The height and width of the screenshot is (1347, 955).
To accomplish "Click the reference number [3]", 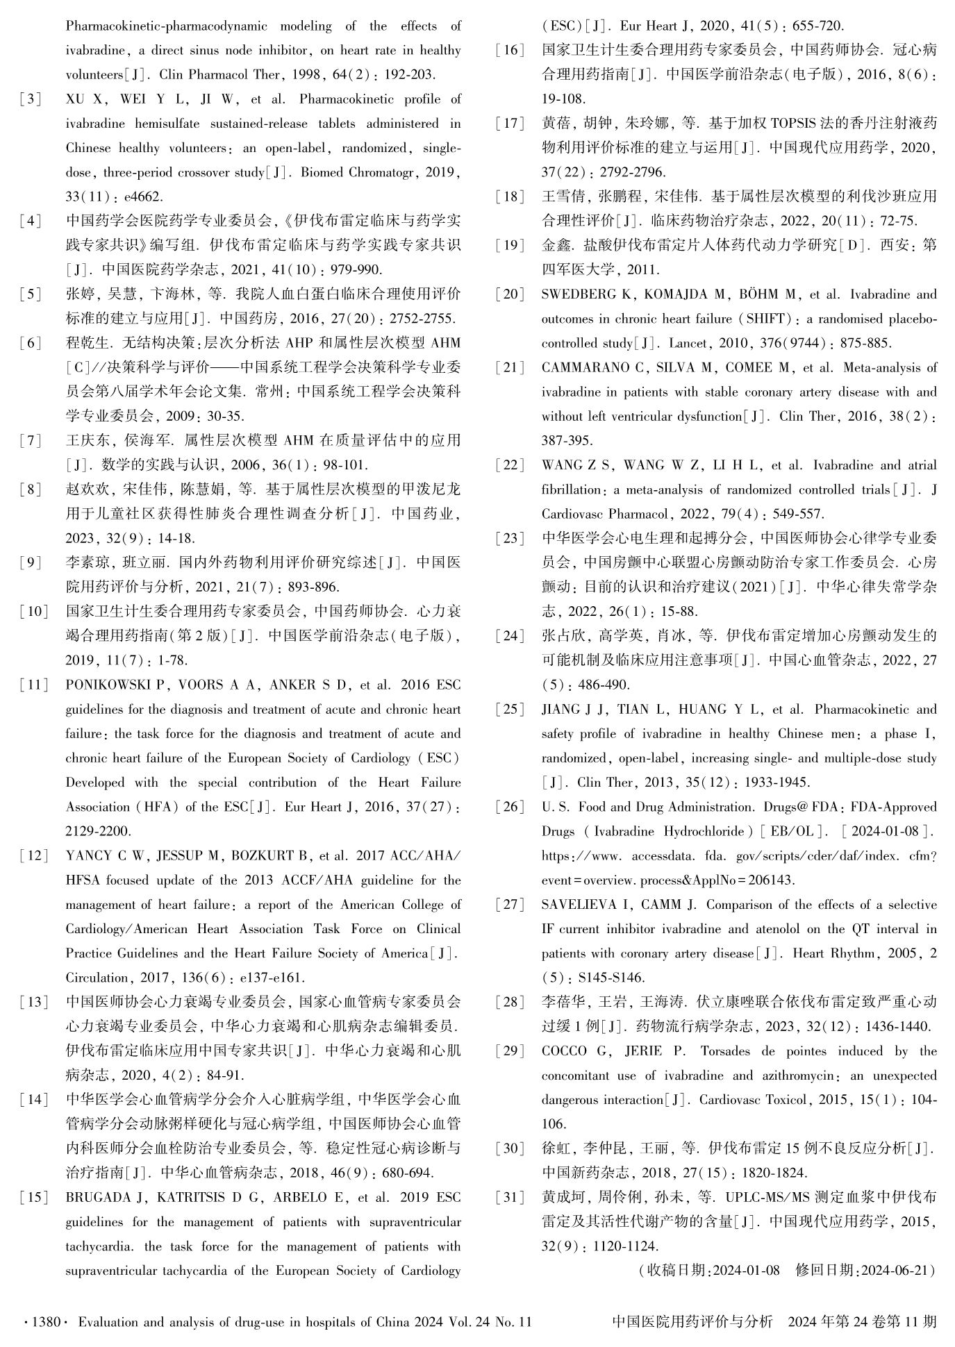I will click(x=31, y=99).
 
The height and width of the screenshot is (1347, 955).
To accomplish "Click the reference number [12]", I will click(x=34, y=856).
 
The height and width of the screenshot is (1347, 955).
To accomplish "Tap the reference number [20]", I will click(x=510, y=294).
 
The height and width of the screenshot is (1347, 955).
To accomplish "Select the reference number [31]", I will click(x=510, y=1197).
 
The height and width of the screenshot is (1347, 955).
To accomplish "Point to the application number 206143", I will click(x=772, y=880).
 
